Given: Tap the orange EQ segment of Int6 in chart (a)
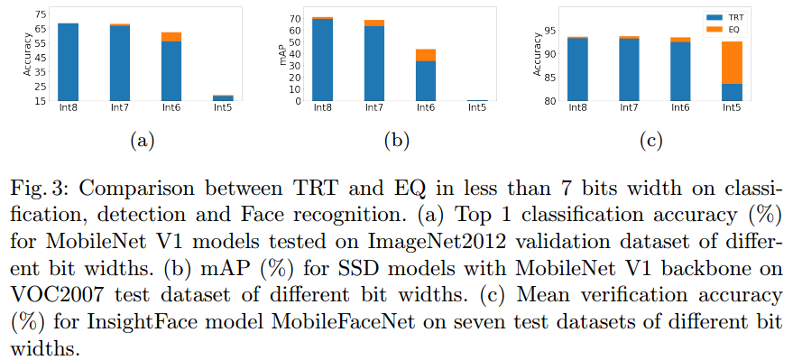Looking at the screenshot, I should [x=171, y=37].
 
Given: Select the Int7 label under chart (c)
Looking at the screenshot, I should [x=629, y=109].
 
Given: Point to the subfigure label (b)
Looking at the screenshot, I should [x=397, y=140].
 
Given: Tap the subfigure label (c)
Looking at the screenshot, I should [x=652, y=140].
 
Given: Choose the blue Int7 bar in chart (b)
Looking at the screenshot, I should [x=373, y=63].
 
